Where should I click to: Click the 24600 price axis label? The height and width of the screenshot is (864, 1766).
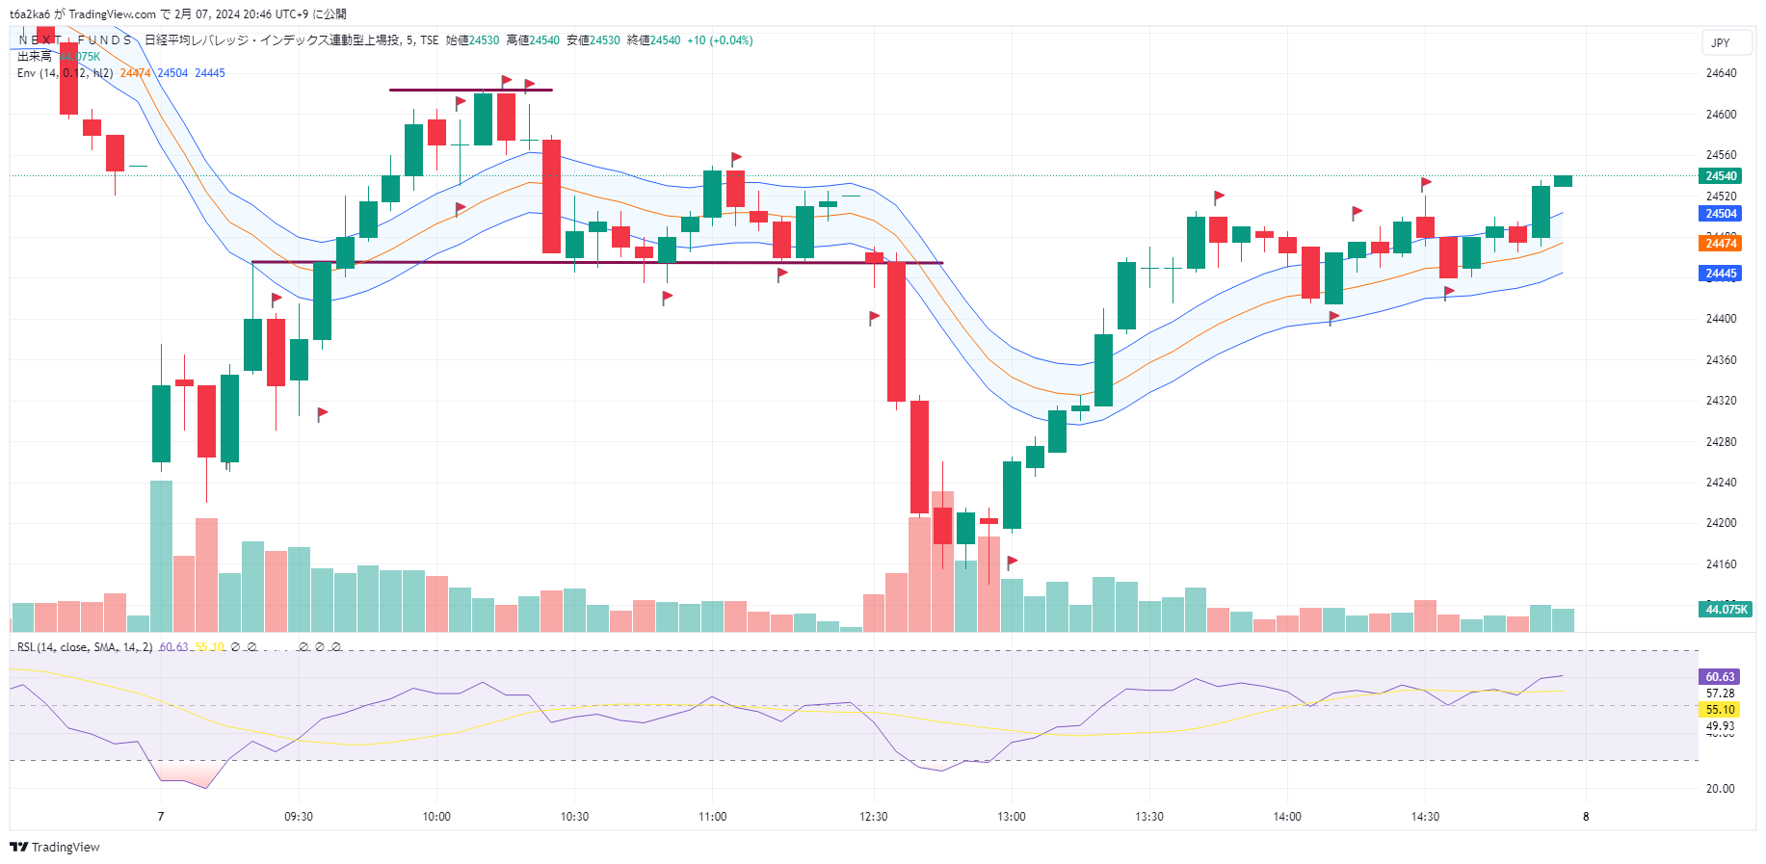[x=1721, y=115]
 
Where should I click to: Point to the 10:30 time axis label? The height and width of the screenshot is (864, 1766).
[x=574, y=817]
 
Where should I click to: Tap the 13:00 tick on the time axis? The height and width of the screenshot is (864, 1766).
[x=1012, y=817]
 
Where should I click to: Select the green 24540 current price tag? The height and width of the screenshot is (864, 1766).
[x=1721, y=176]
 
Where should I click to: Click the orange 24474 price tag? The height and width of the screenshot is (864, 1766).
[x=1721, y=244]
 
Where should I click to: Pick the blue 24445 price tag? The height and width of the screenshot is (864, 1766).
[x=1721, y=274]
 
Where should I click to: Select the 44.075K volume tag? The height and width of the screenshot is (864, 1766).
[x=1726, y=610]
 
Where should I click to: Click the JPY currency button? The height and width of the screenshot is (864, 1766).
[x=1721, y=43]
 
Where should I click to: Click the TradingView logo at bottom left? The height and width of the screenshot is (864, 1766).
[x=55, y=848]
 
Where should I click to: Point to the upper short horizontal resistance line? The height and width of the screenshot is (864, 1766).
[x=470, y=91]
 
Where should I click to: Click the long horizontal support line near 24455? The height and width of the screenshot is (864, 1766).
[x=597, y=262]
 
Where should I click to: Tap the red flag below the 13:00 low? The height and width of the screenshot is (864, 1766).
[x=1012, y=562]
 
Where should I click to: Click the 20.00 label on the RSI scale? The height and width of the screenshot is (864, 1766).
[x=1720, y=789]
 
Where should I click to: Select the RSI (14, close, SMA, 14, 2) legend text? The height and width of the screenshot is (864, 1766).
[x=85, y=647]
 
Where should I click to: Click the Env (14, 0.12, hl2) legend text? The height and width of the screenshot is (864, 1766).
[x=66, y=73]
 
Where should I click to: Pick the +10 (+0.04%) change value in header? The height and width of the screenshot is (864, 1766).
[x=720, y=40]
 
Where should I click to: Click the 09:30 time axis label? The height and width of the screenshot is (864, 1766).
[x=299, y=817]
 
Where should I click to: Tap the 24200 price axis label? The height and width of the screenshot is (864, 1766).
[x=1721, y=523]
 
